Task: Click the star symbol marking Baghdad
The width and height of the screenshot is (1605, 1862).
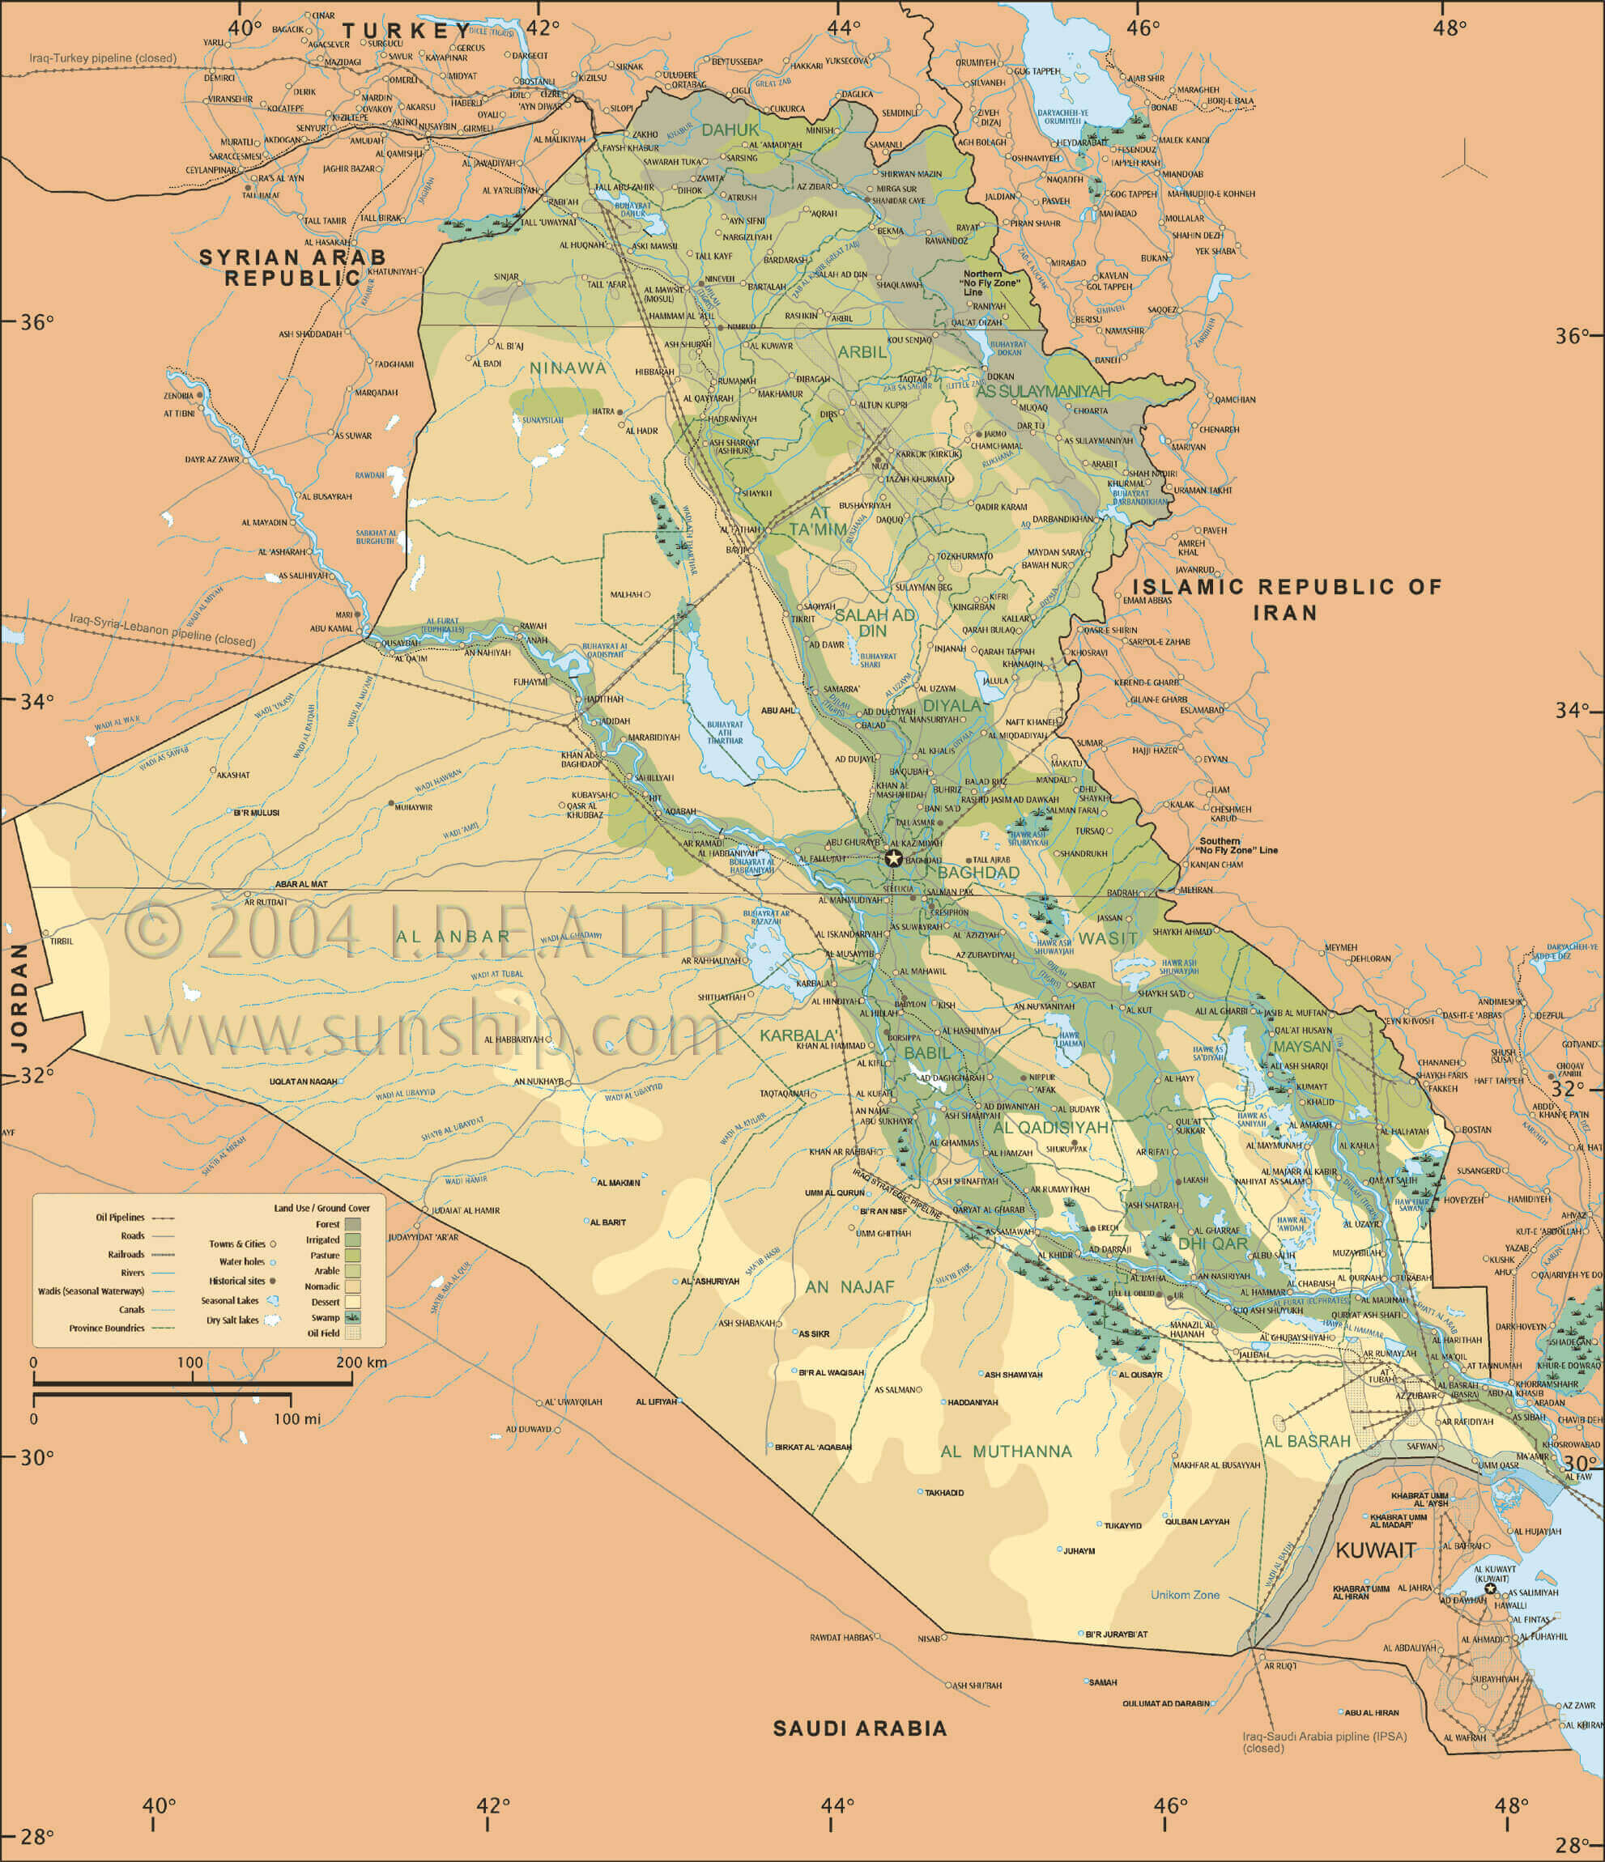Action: [x=892, y=857]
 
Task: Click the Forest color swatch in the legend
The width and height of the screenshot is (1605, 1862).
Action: [x=353, y=1224]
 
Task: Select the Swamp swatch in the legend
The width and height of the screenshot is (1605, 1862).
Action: [x=353, y=1317]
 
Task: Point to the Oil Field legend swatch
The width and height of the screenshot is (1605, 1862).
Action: [x=353, y=1333]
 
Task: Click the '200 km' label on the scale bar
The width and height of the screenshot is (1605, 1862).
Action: [x=361, y=1362]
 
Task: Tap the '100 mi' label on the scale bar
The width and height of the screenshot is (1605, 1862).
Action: [x=296, y=1419]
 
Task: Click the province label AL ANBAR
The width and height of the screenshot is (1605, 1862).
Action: [x=448, y=936]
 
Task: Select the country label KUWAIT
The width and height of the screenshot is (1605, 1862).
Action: [x=1375, y=1550]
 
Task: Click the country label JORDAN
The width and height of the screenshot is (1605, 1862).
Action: [x=19, y=997]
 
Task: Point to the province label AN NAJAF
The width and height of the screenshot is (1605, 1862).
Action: [x=849, y=1287]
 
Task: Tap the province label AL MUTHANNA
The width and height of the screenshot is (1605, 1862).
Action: [x=1006, y=1452]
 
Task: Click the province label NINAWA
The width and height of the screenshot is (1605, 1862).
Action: [x=568, y=368]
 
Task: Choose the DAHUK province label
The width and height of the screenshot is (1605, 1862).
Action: [x=730, y=130]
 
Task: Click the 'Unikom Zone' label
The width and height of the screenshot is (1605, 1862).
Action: [x=1185, y=1594]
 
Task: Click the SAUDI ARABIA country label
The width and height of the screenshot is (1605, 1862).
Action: [x=860, y=1728]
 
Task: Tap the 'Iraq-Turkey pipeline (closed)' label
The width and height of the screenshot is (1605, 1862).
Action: [x=103, y=58]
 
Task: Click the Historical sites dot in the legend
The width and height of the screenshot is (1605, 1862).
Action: [x=271, y=1281]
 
